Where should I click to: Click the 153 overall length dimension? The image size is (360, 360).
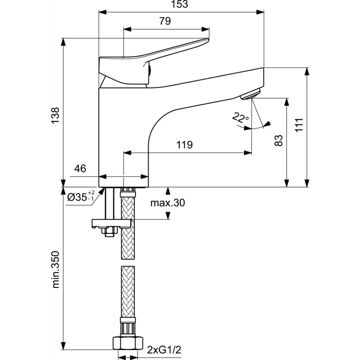coord(181,5)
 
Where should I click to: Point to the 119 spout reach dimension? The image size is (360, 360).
coord(184,145)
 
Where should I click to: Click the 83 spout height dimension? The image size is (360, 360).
coord(278,141)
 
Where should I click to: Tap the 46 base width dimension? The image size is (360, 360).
coord(80,168)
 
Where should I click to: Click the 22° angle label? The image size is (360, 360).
coord(240,118)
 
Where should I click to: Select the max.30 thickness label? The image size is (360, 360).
coord(167,203)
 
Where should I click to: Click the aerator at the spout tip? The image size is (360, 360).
coord(250,94)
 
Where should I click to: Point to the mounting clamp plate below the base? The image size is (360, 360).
coord(111,224)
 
